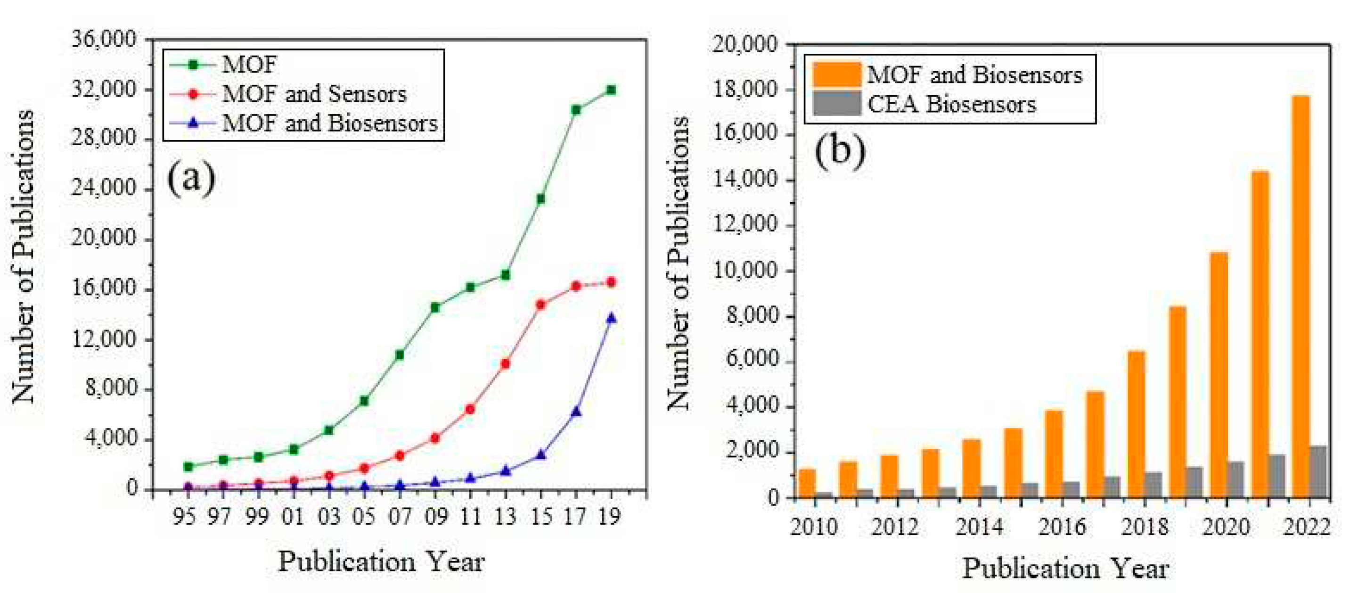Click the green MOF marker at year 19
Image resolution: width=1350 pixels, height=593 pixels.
pyautogui.click(x=611, y=90)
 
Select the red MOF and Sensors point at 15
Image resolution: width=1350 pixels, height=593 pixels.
pyautogui.click(x=541, y=305)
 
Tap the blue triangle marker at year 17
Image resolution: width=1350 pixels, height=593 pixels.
pyautogui.click(x=576, y=412)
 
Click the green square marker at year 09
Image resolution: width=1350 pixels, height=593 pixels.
pyautogui.click(x=435, y=307)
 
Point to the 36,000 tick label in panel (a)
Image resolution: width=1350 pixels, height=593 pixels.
pyautogui.click(x=104, y=39)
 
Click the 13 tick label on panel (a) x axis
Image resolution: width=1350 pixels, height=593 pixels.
pyautogui.click(x=505, y=517)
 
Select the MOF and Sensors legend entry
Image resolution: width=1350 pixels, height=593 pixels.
pyautogui.click(x=313, y=94)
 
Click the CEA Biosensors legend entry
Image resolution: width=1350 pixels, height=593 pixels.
pyautogui.click(x=951, y=104)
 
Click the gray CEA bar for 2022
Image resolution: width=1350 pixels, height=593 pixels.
pyautogui.click(x=1318, y=471)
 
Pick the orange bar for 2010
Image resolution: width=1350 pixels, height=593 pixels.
pyautogui.click(x=807, y=483)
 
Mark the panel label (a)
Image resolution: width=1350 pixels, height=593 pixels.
pyautogui.click(x=191, y=178)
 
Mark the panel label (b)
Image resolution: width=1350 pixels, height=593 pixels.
pyautogui.click(x=840, y=150)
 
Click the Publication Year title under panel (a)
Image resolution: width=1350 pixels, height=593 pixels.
pyautogui.click(x=381, y=561)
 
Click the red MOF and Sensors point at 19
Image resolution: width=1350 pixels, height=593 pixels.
pyautogui.click(x=611, y=282)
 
